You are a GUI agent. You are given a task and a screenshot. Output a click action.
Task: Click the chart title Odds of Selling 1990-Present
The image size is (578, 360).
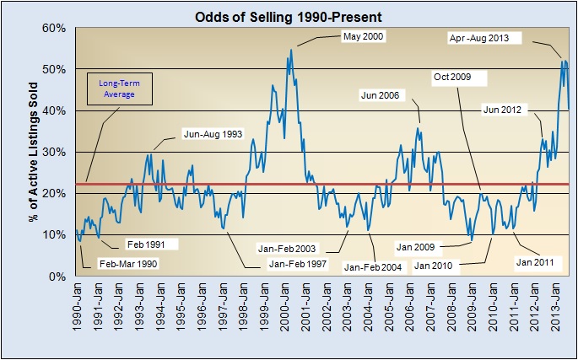pyautogui.click(x=289, y=16)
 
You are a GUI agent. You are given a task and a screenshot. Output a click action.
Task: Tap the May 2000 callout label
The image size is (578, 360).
pyautogui.click(x=360, y=36)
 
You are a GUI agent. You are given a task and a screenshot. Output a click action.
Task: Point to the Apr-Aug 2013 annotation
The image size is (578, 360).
pyautogui.click(x=484, y=38)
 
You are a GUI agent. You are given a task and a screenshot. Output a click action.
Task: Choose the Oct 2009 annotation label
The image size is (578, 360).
pyautogui.click(x=458, y=77)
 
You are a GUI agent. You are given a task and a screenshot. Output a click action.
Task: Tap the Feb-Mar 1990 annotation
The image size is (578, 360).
pyautogui.click(x=128, y=263)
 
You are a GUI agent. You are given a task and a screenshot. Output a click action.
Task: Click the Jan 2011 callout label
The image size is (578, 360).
pyautogui.click(x=534, y=262)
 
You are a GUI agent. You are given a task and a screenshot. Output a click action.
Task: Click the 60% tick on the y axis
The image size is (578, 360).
pyautogui.click(x=54, y=28)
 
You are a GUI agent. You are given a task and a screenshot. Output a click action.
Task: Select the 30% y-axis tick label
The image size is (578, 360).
pyautogui.click(x=54, y=152)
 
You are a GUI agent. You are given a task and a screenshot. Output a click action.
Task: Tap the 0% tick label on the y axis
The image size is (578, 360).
pyautogui.click(x=57, y=277)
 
